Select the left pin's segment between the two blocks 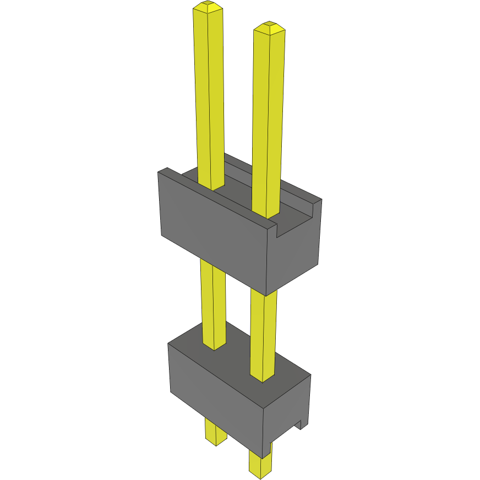pyautogui.click(x=212, y=303)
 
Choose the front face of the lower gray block pyautogui.click(x=215, y=391)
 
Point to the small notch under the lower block pyautogui.click(x=300, y=425)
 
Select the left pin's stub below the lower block pyautogui.click(x=215, y=432)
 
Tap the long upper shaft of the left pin pyautogui.click(x=209, y=94)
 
